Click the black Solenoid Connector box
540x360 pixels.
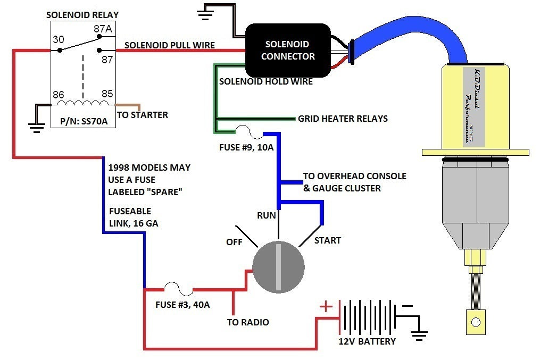pos(287,50)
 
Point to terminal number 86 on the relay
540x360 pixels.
pos(58,95)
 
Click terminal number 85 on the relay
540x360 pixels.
pos(107,95)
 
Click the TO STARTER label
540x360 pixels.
pos(143,115)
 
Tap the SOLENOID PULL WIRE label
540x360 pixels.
pos(170,45)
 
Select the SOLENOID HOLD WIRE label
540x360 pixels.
pos(266,82)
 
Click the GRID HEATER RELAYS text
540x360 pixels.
pos(343,118)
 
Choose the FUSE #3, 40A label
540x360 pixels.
pos(182,305)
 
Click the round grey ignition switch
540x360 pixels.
pos(278,265)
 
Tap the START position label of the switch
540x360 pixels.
pos(327,240)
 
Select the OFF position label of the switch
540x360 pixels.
pos(234,242)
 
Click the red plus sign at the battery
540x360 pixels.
pos(326,307)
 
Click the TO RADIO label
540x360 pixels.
pos(247,322)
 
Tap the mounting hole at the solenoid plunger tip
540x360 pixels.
pos(476,322)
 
